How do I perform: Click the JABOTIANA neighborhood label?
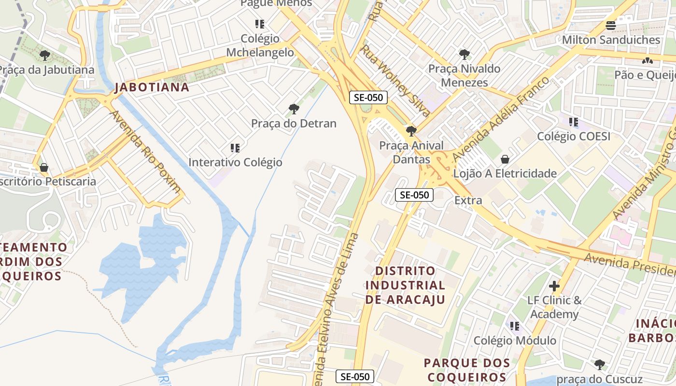(152, 87)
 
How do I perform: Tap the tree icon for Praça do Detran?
(294, 109)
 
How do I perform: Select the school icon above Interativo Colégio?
(235, 148)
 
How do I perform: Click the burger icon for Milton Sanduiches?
(611, 26)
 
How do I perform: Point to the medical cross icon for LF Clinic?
(554, 286)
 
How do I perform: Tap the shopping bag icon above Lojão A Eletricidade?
(505, 159)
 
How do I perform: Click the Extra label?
(468, 200)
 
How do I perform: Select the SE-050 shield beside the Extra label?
(414, 195)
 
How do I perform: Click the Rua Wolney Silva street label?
(395, 81)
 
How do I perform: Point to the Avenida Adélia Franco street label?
(500, 119)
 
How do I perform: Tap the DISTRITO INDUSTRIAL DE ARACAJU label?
(405, 285)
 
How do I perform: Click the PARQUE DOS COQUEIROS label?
(467, 370)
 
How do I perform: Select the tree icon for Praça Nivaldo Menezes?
(464, 55)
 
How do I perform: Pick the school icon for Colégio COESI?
(574, 122)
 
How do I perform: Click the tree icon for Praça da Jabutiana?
(45, 55)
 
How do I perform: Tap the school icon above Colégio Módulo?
(515, 326)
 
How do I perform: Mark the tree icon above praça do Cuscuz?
(599, 364)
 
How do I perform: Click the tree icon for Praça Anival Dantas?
(411, 131)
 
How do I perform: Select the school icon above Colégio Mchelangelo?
(260, 24)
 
